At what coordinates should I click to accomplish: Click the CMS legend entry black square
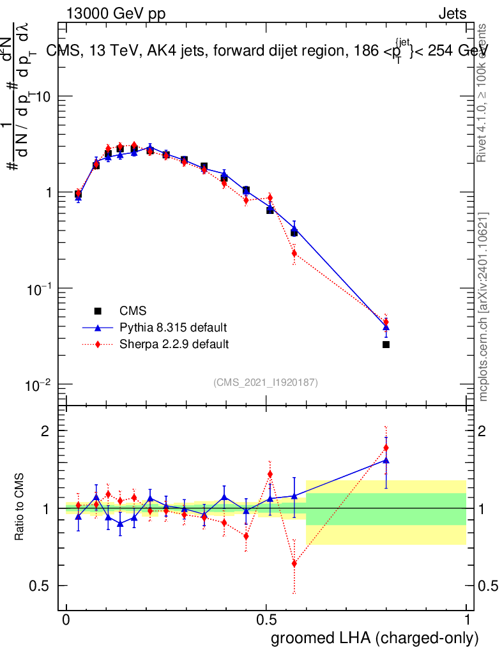point(98,311)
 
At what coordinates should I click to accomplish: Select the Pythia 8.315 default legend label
point(173,328)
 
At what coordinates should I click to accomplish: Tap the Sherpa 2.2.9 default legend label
point(174,344)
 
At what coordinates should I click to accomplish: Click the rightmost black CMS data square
point(386,344)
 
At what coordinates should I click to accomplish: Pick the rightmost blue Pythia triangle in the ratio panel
point(386,460)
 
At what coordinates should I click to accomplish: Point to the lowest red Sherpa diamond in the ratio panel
point(294,563)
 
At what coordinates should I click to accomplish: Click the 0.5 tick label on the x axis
point(266,620)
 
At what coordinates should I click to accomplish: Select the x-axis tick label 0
point(66,620)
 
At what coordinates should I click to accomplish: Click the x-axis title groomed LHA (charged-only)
point(376,638)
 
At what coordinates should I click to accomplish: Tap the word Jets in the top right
point(452,14)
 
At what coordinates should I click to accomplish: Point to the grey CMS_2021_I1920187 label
point(266,382)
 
